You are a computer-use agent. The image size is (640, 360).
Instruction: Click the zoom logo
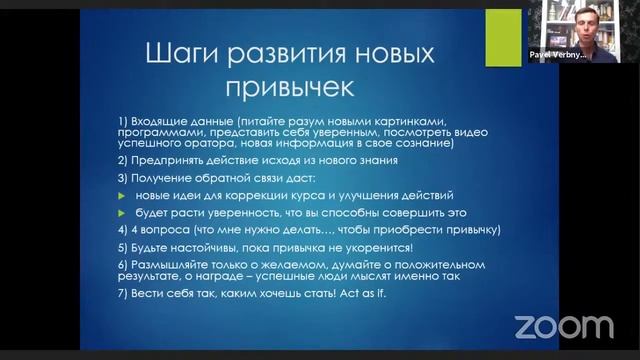point(564,326)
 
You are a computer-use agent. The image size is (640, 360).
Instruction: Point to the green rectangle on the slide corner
point(503,39)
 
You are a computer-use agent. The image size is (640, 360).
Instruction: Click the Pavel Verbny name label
point(557,56)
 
